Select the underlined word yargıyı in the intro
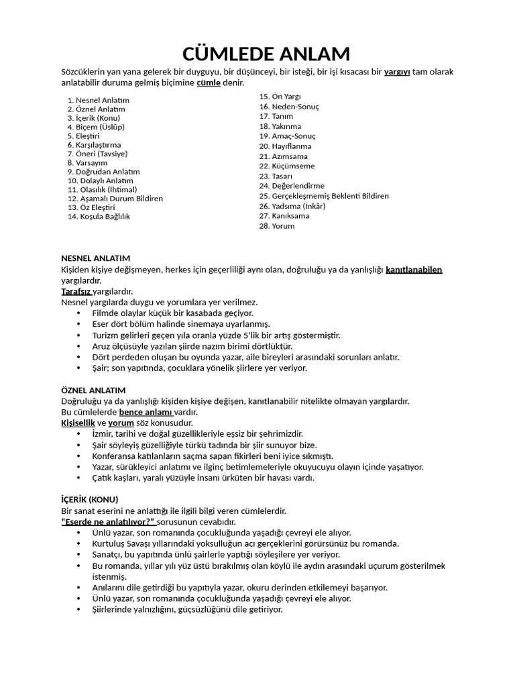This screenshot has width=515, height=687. [398, 72]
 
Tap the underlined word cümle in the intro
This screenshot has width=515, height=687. [208, 83]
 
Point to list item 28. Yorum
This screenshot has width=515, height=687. [276, 226]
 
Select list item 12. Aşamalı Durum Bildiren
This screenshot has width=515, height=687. [115, 199]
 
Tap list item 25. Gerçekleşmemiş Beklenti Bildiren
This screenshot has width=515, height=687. [323, 196]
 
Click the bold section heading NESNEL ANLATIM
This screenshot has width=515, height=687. [95, 258]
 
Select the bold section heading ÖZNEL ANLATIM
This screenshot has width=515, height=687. [93, 390]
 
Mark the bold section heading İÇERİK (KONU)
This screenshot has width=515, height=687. [89, 500]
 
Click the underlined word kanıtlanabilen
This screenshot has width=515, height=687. [414, 270]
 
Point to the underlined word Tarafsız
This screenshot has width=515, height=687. [76, 292]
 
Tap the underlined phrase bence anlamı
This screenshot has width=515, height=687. [146, 412]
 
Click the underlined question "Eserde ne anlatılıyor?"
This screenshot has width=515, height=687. [108, 521]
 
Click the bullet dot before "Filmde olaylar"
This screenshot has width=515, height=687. [80, 314]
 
